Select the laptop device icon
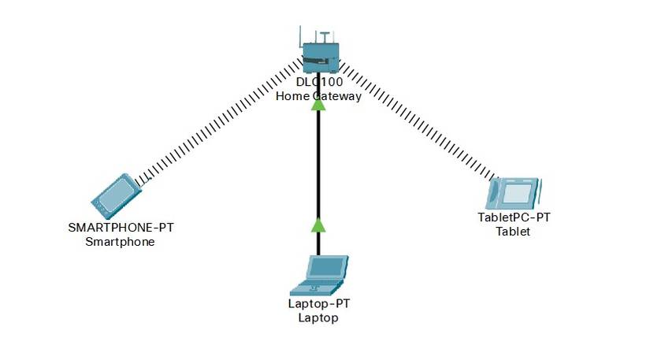318,274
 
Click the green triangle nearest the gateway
318,104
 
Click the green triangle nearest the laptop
318,225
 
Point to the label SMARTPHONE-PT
121,228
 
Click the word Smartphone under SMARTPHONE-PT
120,242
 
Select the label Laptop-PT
318,304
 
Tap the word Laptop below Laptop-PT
318,318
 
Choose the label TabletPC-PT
514,217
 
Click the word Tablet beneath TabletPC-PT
513,232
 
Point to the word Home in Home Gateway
291,97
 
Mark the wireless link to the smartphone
221,126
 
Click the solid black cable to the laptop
318,165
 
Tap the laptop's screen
324,268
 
